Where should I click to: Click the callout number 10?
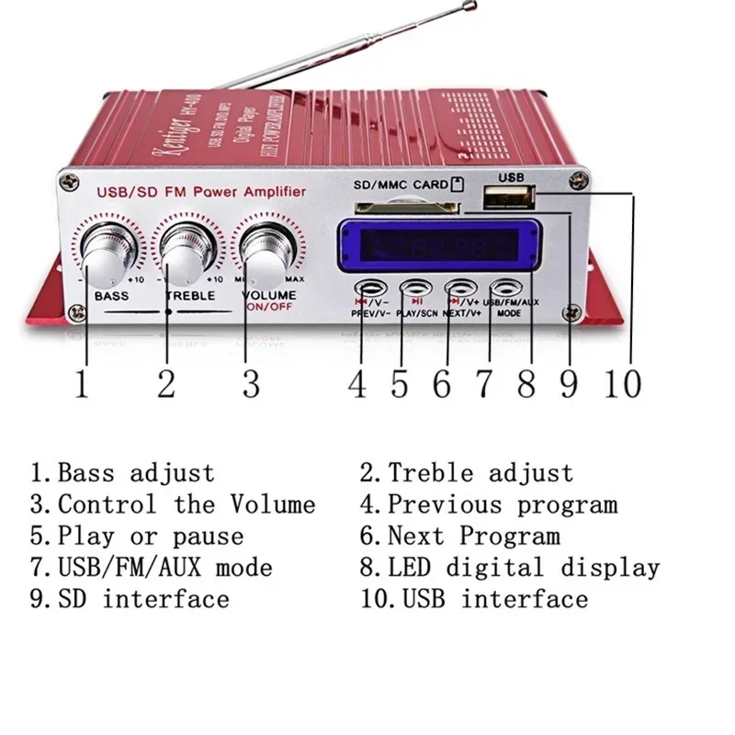622,383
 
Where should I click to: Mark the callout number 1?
82,383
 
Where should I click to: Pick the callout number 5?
400,383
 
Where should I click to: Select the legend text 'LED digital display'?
523,568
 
